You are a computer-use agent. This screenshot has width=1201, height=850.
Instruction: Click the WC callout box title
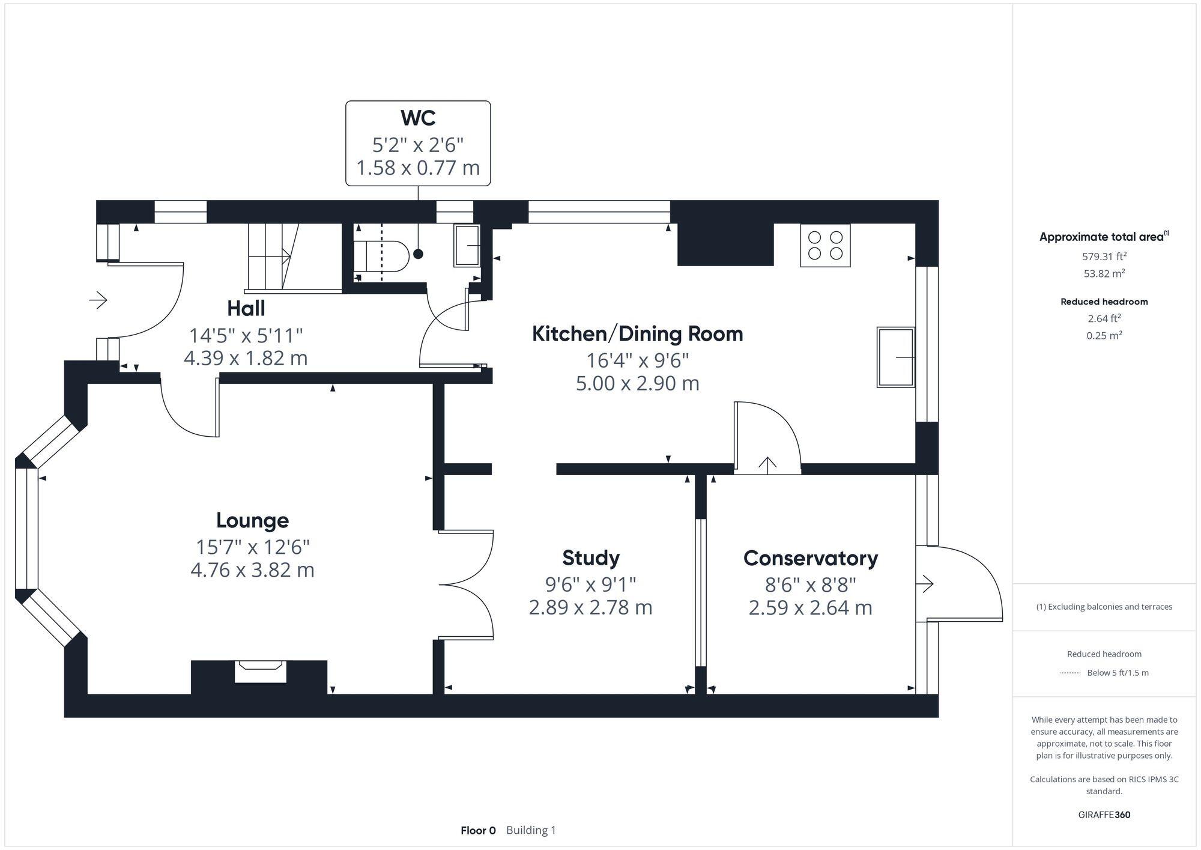(x=418, y=118)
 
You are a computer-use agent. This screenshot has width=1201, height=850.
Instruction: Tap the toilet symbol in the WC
(x=381, y=257)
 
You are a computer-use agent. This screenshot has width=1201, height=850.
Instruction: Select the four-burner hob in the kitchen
(x=825, y=245)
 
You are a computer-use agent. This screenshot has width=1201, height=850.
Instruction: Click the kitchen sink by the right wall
(x=895, y=357)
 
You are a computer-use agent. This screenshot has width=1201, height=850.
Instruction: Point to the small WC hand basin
(x=467, y=245)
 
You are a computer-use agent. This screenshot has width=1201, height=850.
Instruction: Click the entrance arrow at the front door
(x=98, y=299)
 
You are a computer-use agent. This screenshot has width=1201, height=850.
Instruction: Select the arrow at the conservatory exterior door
(x=927, y=583)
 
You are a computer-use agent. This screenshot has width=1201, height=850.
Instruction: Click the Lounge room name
(x=252, y=520)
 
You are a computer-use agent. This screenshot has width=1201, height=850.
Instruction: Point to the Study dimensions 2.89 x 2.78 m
(x=590, y=607)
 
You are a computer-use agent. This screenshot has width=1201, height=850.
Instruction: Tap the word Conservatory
(x=810, y=558)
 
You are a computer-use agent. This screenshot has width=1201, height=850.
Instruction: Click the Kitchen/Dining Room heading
(x=637, y=333)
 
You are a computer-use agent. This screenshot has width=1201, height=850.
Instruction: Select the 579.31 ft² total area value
(x=1104, y=257)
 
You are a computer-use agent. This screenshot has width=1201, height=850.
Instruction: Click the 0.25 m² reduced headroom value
(x=1104, y=335)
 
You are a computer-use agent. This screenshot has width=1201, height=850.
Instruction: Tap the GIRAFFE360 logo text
(x=1104, y=815)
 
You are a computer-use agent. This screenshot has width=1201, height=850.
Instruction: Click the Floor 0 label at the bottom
(x=478, y=830)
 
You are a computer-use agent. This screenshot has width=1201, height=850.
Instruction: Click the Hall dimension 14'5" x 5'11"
(x=246, y=335)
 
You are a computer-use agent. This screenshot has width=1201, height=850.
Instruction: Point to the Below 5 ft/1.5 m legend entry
(x=1117, y=673)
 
